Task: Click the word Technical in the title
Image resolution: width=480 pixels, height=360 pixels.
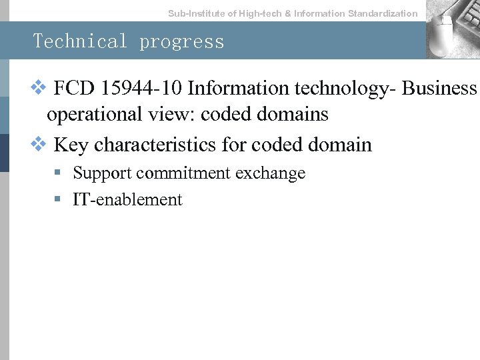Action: click(x=80, y=41)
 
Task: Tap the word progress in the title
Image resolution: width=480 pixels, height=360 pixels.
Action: click(x=182, y=41)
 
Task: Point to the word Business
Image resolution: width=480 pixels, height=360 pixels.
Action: click(x=441, y=88)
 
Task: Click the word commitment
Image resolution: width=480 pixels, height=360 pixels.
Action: click(x=175, y=173)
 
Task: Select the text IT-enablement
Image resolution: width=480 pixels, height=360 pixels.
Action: click(x=127, y=199)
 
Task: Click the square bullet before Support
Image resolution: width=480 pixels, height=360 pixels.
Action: click(x=59, y=173)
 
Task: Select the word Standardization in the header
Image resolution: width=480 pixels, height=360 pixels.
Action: click(x=383, y=13)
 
